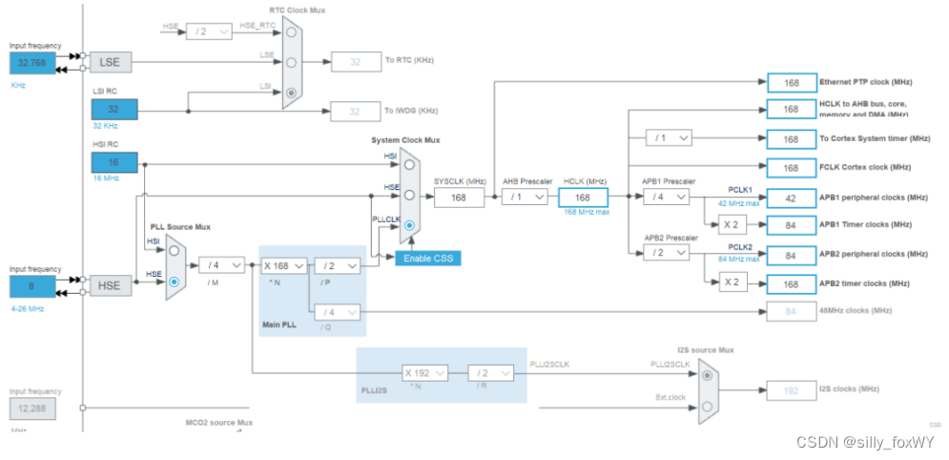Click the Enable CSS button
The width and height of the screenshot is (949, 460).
pyautogui.click(x=428, y=259)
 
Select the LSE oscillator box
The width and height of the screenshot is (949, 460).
pyautogui.click(x=111, y=62)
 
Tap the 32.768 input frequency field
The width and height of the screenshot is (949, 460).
pyautogui.click(x=33, y=63)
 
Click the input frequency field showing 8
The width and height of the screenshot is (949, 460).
pyautogui.click(x=33, y=286)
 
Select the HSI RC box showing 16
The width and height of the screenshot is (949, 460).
pyautogui.click(x=114, y=161)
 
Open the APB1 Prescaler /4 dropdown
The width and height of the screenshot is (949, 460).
pyautogui.click(x=666, y=197)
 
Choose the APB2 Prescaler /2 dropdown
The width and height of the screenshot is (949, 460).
pyautogui.click(x=666, y=253)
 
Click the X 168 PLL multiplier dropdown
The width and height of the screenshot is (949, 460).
pyautogui.click(x=284, y=265)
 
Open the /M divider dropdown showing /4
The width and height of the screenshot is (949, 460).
pyautogui.click(x=222, y=265)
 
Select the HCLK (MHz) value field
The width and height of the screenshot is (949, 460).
pyautogui.click(x=583, y=197)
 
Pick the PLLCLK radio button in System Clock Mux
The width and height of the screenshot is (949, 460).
pyautogui.click(x=409, y=226)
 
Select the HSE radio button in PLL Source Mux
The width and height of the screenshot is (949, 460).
pyautogui.click(x=174, y=282)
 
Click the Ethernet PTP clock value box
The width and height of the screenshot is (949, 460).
pyautogui.click(x=790, y=83)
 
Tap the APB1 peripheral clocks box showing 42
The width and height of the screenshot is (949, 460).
pyautogui.click(x=790, y=199)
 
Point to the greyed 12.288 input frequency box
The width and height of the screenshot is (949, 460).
pyautogui.click(x=33, y=408)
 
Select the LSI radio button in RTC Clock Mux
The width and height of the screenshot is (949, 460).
pyautogui.click(x=291, y=93)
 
